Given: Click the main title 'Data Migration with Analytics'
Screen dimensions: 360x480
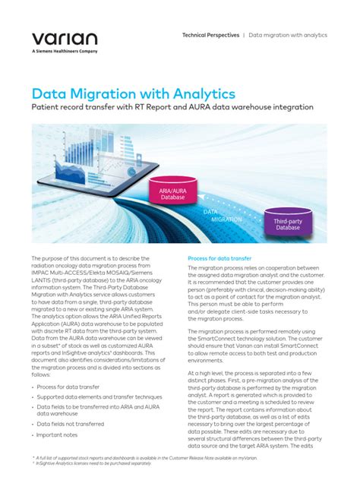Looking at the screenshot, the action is coord(134,94).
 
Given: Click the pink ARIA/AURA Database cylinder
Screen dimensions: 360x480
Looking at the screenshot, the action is coord(172,188).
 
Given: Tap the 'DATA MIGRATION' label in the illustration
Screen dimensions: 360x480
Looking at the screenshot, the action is coord(223,214).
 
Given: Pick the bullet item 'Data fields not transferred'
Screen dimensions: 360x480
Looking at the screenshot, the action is coord(74,423).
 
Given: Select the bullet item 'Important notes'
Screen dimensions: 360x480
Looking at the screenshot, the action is coord(60,435).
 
